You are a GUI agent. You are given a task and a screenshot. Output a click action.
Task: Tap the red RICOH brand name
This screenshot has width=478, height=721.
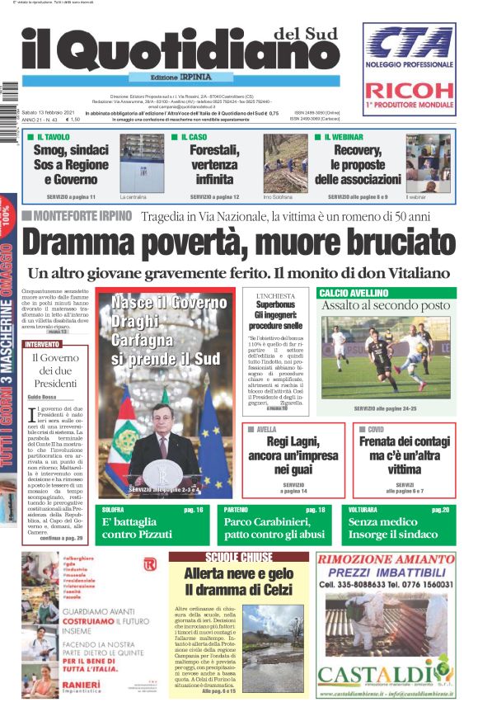(409, 92)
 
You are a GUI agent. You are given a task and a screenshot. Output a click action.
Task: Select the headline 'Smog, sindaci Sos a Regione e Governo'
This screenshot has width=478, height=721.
(70, 164)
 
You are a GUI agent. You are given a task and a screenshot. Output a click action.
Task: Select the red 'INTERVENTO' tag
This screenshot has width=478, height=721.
(42, 344)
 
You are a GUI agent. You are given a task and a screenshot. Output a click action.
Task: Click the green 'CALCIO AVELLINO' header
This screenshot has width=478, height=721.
(354, 293)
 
